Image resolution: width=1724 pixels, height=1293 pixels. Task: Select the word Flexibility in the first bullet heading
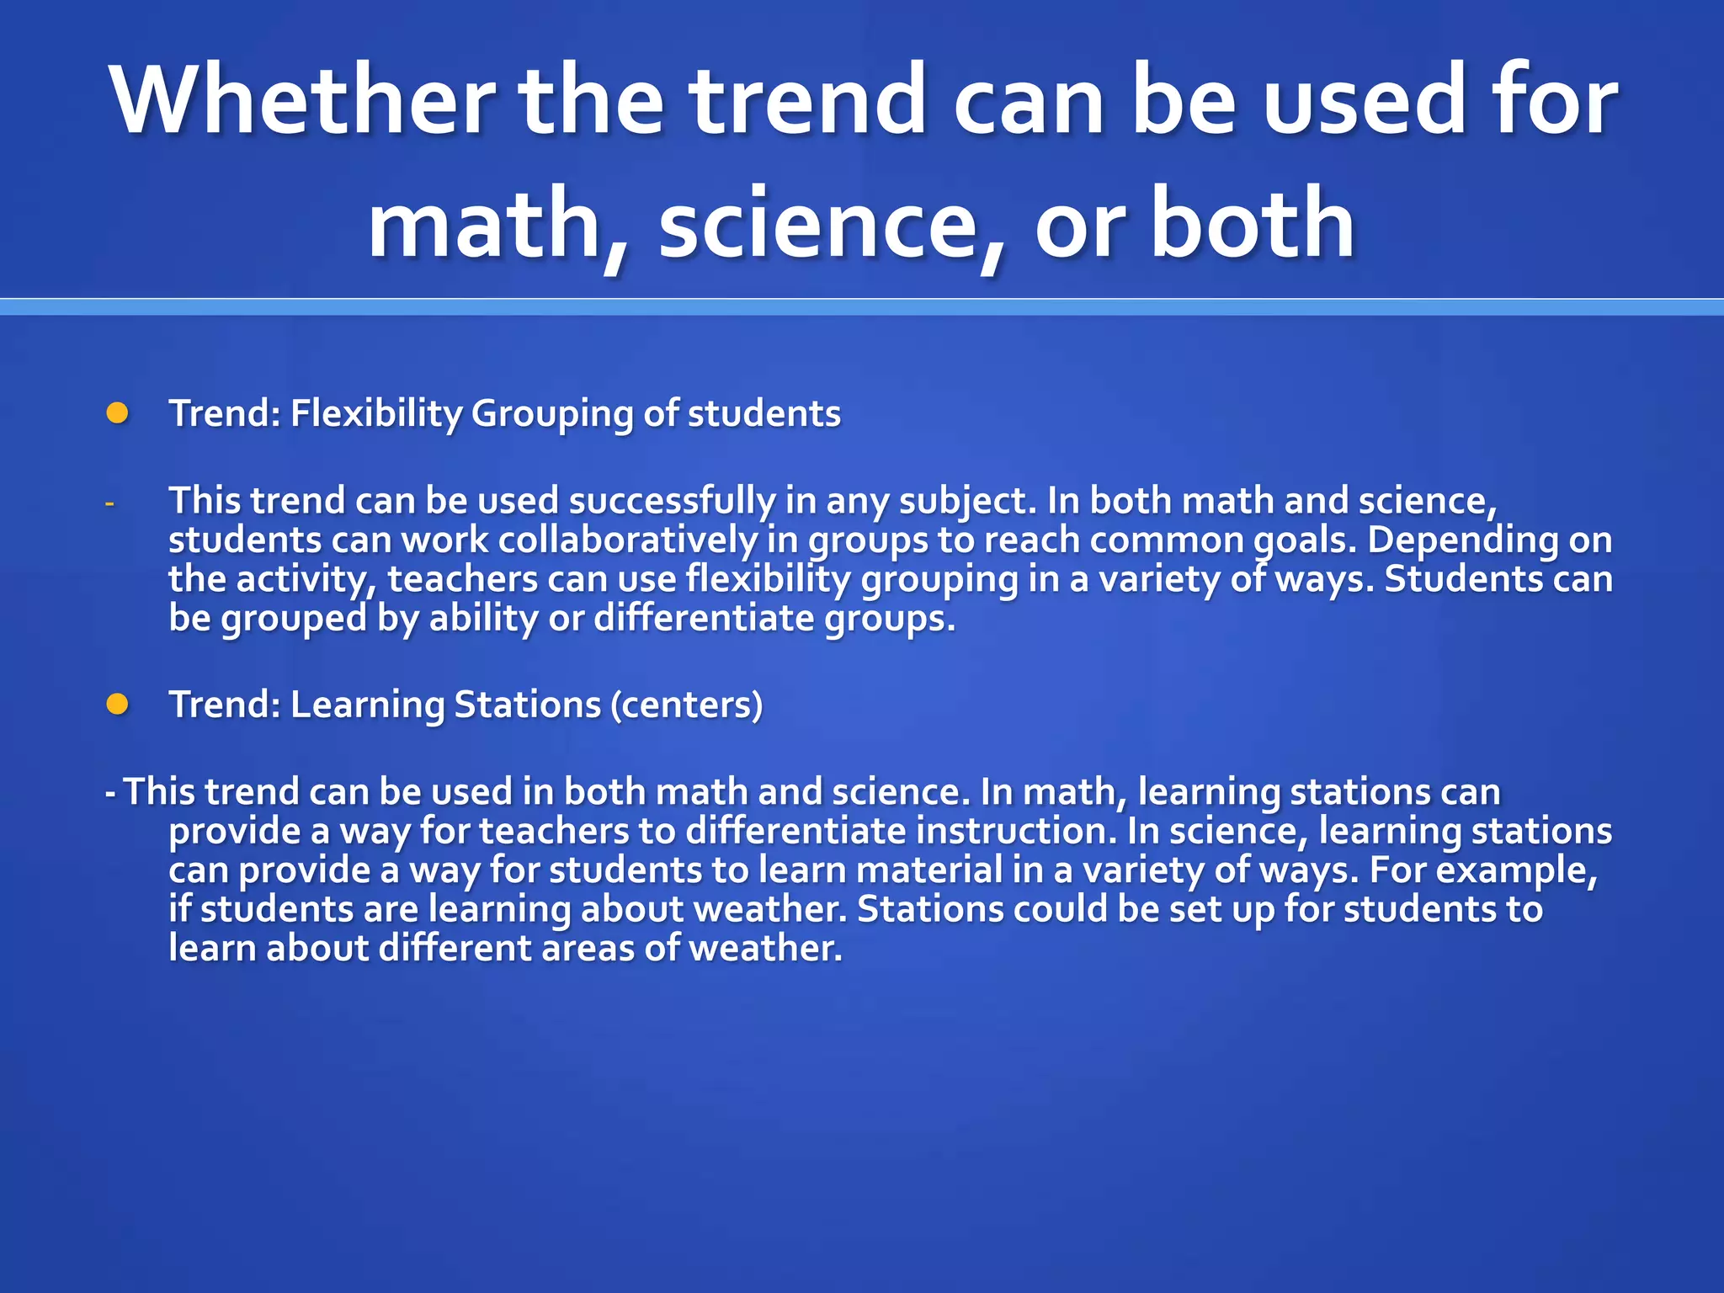click(376, 413)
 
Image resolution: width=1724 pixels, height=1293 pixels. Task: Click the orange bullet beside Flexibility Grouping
click(118, 413)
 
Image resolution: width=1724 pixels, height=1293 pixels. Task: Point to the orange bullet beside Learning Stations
click(118, 704)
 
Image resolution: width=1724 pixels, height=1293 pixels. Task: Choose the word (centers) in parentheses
click(686, 705)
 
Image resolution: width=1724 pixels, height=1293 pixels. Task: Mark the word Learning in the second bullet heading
click(367, 705)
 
